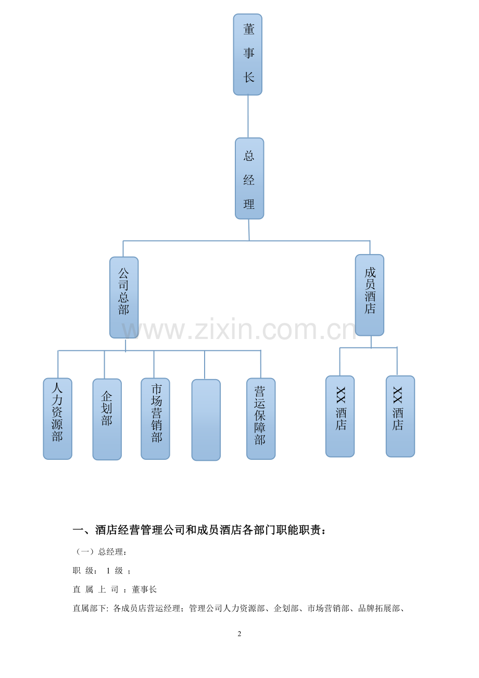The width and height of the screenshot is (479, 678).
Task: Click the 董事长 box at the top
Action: [x=247, y=55]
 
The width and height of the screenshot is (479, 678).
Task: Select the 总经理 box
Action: [x=249, y=178]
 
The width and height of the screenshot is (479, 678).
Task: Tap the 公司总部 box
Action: [x=124, y=297]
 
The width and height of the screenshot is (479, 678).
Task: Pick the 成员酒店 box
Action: [x=370, y=295]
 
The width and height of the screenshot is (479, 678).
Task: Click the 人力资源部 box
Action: [x=57, y=419]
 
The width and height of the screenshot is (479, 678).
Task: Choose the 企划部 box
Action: [x=107, y=419]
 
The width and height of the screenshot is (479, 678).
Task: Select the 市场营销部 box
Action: [x=155, y=419]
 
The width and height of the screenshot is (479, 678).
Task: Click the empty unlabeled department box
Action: [x=206, y=420]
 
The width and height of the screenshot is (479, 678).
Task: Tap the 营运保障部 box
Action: [x=261, y=419]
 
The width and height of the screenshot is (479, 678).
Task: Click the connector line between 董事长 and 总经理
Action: [x=248, y=117]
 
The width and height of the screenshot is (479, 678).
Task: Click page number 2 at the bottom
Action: [x=240, y=634]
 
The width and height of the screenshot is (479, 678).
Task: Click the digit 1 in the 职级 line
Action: [x=108, y=571]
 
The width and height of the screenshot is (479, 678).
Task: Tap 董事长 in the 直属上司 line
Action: [x=144, y=589]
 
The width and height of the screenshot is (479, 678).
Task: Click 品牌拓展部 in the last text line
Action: [x=379, y=608]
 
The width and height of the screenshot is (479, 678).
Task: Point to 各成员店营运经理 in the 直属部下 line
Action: [x=146, y=608]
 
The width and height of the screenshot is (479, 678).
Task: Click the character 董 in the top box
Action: [x=249, y=29]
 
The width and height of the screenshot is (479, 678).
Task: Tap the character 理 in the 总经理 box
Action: [x=249, y=204]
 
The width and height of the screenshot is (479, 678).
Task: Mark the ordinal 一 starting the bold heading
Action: [x=78, y=530]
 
